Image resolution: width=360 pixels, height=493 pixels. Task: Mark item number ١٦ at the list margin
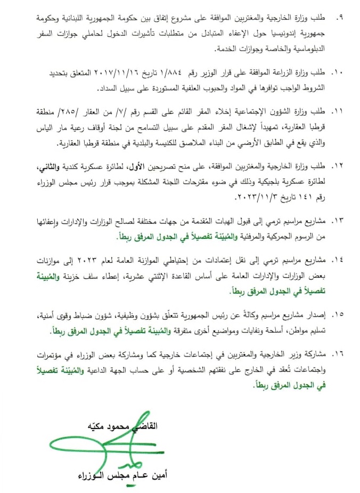point(337,354)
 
